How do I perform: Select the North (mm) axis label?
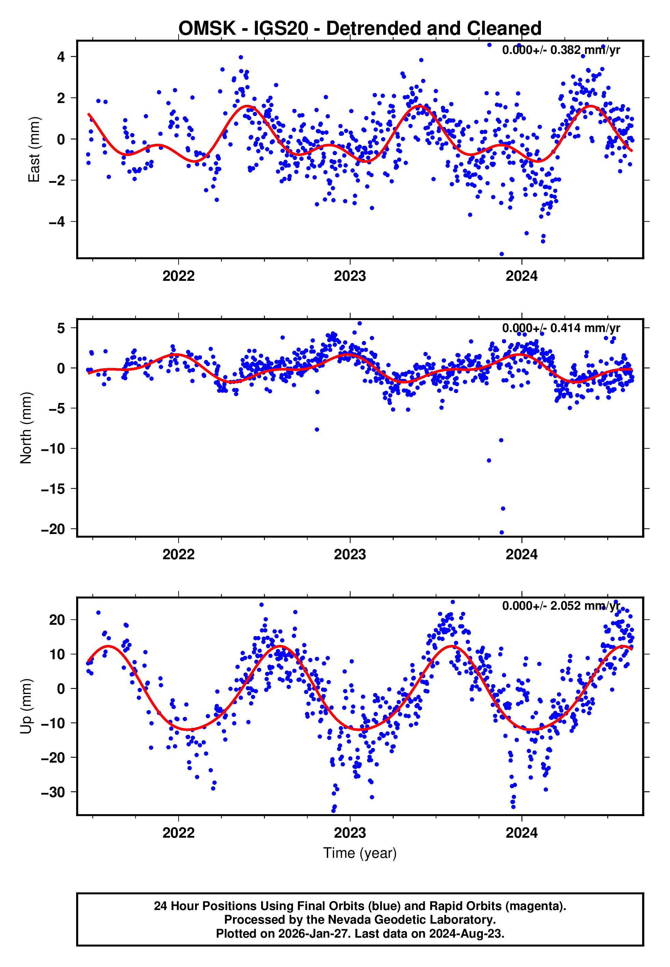26,428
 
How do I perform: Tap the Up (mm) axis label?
26,706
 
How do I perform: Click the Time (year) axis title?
360,853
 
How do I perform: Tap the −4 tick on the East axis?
57,222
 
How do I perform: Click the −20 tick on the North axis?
53,529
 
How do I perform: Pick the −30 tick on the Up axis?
53,793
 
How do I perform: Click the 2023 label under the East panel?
350,276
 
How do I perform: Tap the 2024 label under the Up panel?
521,833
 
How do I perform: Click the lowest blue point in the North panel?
502,533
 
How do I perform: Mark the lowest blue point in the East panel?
502,254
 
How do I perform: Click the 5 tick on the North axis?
61,328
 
